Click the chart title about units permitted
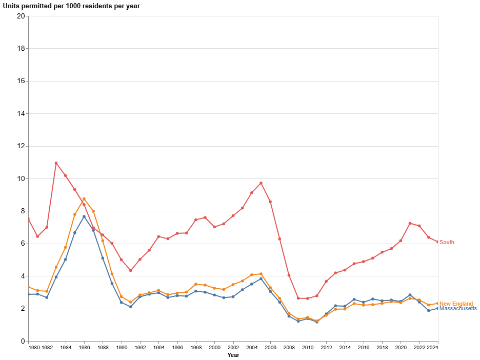[x=71, y=6]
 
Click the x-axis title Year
[x=233, y=355]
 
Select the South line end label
[x=447, y=242]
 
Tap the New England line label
[x=456, y=304]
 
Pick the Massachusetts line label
[x=458, y=308]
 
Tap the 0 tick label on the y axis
[x=23, y=341]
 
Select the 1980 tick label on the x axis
[x=34, y=348]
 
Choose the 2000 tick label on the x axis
[x=214, y=348]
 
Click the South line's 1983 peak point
[x=56, y=163]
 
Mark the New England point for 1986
[x=84, y=199]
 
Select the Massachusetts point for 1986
[x=84, y=216]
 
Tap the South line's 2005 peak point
[x=261, y=183]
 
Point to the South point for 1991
[x=131, y=270]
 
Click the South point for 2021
[x=410, y=223]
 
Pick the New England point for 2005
[x=261, y=274]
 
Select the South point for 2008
[x=289, y=275]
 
